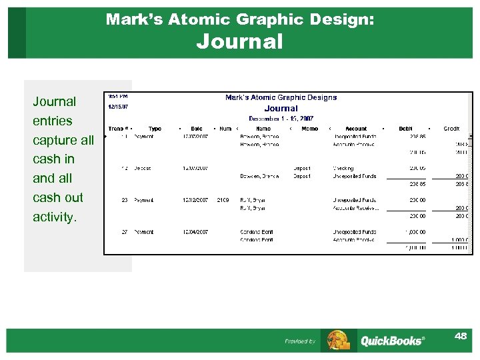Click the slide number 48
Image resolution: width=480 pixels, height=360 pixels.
pos(460,336)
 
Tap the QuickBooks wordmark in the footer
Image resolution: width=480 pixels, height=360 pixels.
pos(392,341)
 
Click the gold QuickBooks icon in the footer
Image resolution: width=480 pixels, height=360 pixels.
pos(339,340)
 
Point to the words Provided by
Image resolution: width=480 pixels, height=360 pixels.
pos(300,341)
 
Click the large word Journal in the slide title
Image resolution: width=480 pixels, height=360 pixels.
pos(239,42)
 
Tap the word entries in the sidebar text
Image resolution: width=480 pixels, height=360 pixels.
pos(53,121)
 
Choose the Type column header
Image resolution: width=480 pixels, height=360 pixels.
pos(155,129)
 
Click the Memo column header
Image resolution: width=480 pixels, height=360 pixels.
pos(310,129)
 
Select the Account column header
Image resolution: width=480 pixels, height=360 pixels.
pos(356,129)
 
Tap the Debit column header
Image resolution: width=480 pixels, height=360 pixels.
pos(405,129)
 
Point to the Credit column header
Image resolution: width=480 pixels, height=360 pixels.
pos(451,129)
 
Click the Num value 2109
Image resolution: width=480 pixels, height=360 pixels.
pos(223,200)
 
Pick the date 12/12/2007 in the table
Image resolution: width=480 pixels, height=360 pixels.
pos(196,200)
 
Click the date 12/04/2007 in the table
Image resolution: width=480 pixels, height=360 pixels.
pos(196,232)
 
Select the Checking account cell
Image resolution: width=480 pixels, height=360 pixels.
pos(343,168)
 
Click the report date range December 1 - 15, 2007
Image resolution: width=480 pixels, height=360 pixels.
pos(281,119)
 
